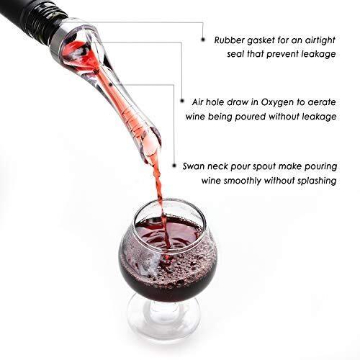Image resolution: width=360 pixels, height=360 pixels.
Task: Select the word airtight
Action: coord(320,41)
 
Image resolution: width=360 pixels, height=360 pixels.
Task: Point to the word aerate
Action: coord(322,102)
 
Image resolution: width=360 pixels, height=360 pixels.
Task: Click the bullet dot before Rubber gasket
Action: coord(203,39)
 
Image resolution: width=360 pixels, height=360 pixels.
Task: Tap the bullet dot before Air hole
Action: coord(182,101)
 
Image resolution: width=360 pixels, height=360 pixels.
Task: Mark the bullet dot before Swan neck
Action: coord(174,166)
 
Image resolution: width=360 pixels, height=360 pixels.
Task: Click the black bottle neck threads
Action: coord(36,20)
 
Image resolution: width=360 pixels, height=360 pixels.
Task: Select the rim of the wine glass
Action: coord(168,201)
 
